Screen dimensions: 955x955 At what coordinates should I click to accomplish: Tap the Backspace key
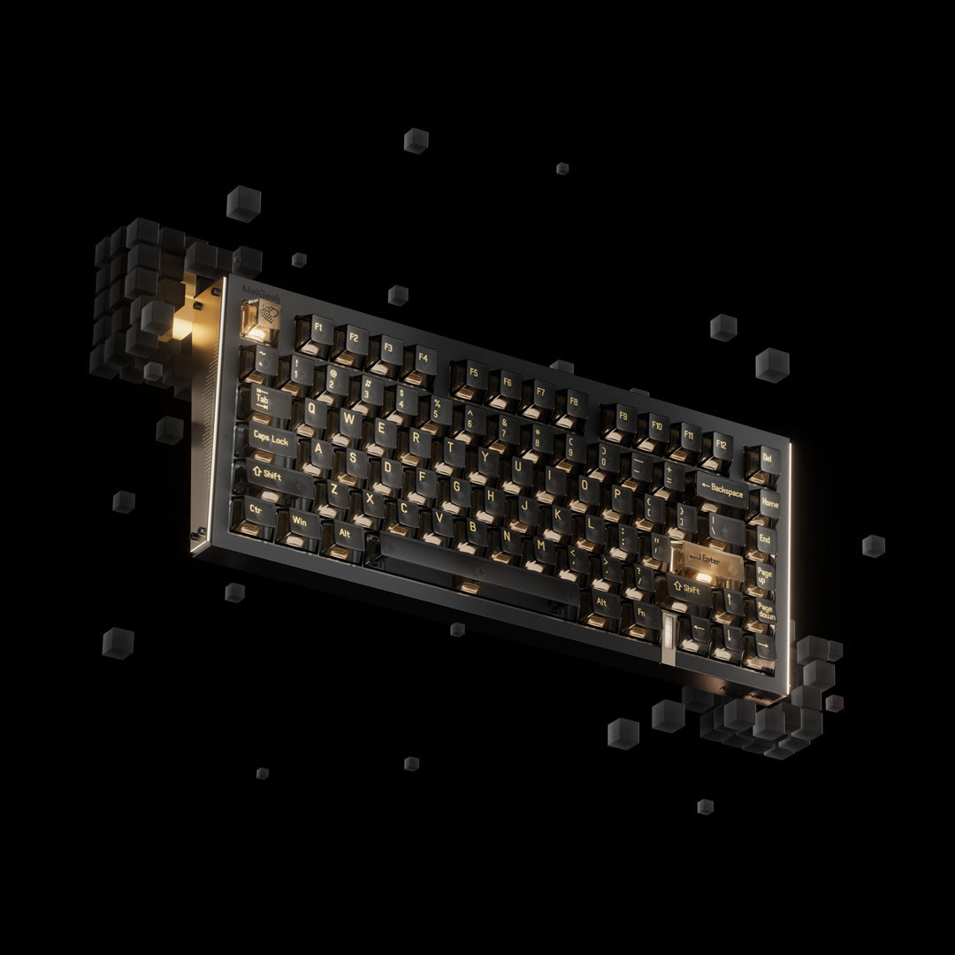pyautogui.click(x=721, y=489)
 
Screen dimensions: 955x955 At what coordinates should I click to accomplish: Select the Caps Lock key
pyautogui.click(x=271, y=438)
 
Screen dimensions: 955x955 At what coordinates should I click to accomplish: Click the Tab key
pyautogui.click(x=264, y=400)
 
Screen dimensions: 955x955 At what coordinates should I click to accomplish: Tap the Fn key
pyautogui.click(x=642, y=611)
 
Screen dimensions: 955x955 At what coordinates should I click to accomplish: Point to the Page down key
pyautogui.click(x=765, y=611)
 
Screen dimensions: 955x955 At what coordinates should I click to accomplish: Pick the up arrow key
pyautogui.click(x=730, y=601)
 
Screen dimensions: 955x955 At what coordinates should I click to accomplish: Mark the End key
pyautogui.click(x=765, y=539)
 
